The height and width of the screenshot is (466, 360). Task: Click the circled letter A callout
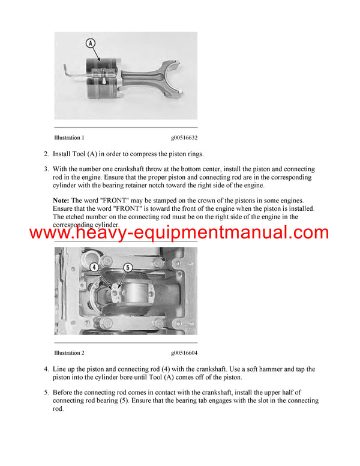[90, 43]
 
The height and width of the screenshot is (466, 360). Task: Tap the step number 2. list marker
[47, 154]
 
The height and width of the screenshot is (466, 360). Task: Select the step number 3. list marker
[47, 169]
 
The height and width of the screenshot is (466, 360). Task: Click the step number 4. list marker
[47, 369]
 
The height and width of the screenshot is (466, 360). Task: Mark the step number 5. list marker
[47, 393]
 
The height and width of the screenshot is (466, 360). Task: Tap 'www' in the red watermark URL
[48, 233]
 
